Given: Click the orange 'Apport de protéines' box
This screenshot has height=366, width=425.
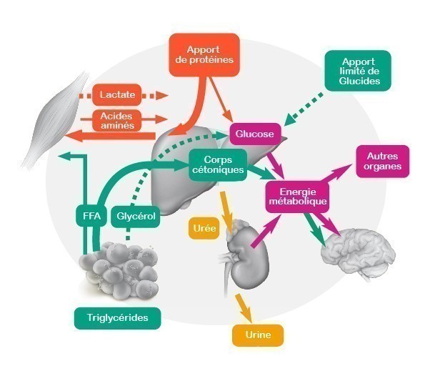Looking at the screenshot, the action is pyautogui.click(x=204, y=55).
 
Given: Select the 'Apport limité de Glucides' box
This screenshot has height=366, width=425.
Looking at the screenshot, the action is pyautogui.click(x=358, y=71).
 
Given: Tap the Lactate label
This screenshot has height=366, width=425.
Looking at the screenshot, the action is pyautogui.click(x=117, y=94).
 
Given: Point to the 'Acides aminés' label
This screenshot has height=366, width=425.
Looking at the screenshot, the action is pyautogui.click(x=117, y=121).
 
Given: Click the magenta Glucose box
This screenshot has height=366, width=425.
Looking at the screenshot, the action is pyautogui.click(x=255, y=134).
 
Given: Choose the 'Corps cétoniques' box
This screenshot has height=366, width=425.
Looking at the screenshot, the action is pyautogui.click(x=218, y=164).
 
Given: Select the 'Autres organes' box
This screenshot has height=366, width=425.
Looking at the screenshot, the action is pyautogui.click(x=382, y=162).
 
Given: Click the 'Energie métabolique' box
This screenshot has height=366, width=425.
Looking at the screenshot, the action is pyautogui.click(x=297, y=197).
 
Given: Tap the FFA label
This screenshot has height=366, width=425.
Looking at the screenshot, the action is pyautogui.click(x=91, y=216).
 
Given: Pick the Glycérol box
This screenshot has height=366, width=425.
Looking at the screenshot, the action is pyautogui.click(x=136, y=216).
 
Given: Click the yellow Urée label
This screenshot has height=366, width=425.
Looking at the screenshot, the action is pyautogui.click(x=204, y=228).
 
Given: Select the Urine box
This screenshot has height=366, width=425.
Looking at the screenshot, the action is pyautogui.click(x=258, y=335).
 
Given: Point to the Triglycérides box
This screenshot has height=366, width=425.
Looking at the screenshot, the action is pyautogui.click(x=117, y=318).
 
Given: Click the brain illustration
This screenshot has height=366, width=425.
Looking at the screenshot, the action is pyautogui.click(x=358, y=254).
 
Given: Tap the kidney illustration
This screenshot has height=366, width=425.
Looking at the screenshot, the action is pyautogui.click(x=245, y=257).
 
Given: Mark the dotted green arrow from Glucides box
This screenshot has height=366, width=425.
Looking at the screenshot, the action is pyautogui.click(x=304, y=109).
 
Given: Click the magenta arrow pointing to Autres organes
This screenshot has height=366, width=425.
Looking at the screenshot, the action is pyautogui.click(x=337, y=172).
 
